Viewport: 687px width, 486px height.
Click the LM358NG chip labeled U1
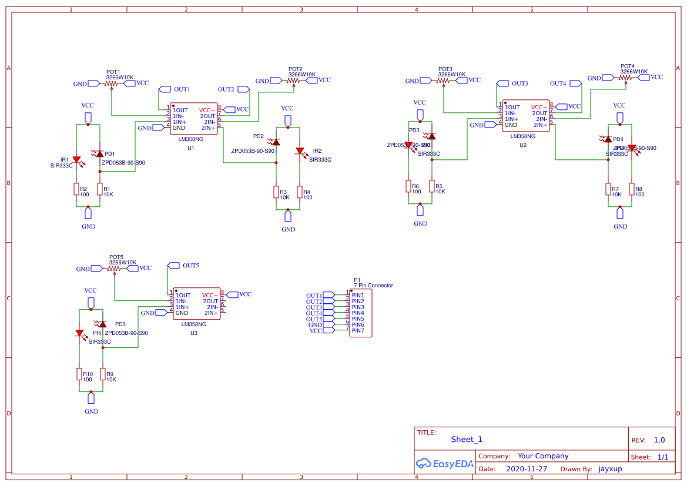[193, 119]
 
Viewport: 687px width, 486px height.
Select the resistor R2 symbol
[76, 189]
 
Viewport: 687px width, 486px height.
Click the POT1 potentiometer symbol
[112, 83]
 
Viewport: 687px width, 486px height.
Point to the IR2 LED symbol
[300, 151]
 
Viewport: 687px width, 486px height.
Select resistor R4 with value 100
[300, 192]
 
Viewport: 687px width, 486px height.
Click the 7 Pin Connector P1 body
[360, 313]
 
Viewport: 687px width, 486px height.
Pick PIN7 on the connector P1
[358, 331]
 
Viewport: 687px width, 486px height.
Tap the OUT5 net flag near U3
[173, 266]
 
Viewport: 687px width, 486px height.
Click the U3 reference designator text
[194, 333]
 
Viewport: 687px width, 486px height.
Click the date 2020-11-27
[526, 469]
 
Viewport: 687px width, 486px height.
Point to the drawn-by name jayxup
[610, 469]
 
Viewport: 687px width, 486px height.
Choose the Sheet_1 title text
[467, 439]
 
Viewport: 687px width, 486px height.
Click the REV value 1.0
[659, 440]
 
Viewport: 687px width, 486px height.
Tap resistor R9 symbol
[103, 374]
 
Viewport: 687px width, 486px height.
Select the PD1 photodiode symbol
[100, 154]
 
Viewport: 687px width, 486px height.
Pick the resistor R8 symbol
[632, 189]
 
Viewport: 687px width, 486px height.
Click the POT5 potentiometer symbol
[115, 269]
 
